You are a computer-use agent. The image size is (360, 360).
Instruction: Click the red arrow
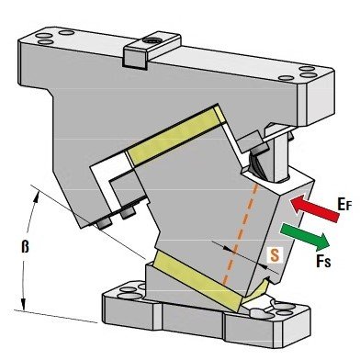click(x=314, y=208)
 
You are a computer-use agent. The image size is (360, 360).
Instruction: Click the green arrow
click(x=305, y=236)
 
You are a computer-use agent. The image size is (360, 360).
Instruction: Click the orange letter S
click(x=275, y=254)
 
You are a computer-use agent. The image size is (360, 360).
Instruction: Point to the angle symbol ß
click(x=25, y=246)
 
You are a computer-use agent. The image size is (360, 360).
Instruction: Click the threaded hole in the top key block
click(x=152, y=40)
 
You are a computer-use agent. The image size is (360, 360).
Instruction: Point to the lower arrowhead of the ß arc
click(x=23, y=304)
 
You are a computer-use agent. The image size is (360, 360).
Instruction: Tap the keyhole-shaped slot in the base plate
click(x=263, y=309)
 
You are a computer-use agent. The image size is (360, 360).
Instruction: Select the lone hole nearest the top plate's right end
click(x=287, y=78)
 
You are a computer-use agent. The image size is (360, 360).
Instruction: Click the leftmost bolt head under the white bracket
click(x=105, y=224)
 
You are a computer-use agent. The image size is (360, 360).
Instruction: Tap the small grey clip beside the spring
click(x=252, y=142)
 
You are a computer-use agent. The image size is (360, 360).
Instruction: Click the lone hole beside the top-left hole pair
click(x=66, y=32)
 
